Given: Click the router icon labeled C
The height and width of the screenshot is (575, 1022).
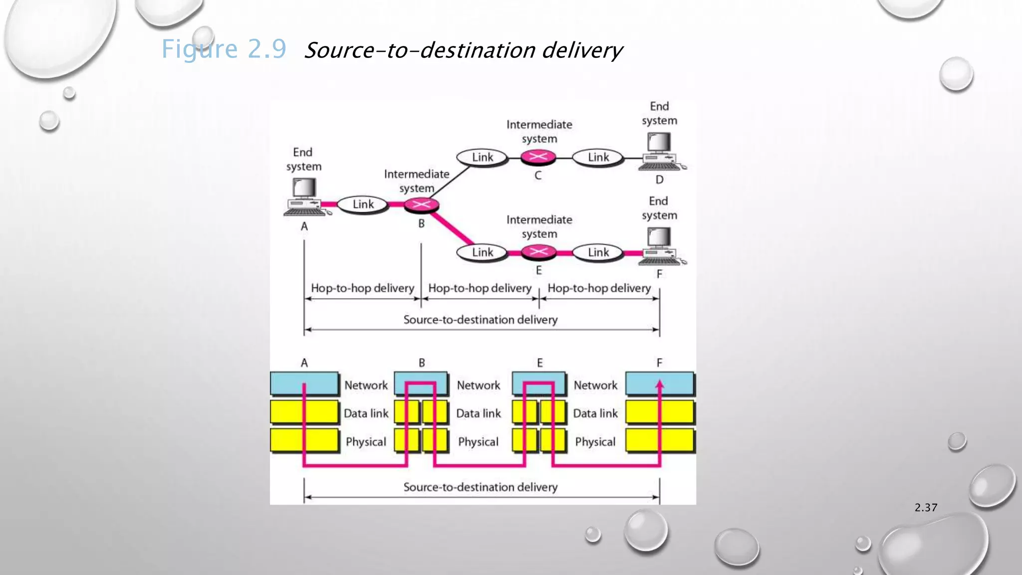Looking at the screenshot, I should tap(538, 157).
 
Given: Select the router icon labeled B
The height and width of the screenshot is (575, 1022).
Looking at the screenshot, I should tap(421, 205).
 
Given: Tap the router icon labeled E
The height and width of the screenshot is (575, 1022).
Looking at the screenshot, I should tap(538, 252).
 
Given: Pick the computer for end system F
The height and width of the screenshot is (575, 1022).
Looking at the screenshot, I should tap(660, 246).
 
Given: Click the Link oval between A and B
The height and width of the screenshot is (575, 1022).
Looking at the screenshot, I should tap(363, 204).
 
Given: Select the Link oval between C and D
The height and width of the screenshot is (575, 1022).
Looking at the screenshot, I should tap(598, 157).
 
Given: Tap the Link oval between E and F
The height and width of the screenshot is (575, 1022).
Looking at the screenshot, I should tap(598, 252).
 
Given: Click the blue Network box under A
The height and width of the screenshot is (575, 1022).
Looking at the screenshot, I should tap(304, 383).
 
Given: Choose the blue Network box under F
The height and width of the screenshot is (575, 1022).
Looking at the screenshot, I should tap(660, 383).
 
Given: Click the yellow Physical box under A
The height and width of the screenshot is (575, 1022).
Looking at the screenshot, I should tap(304, 441).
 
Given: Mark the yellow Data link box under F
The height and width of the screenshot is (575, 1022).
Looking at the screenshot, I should tap(660, 412).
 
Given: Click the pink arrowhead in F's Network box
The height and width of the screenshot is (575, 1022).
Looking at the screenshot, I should tap(660, 384).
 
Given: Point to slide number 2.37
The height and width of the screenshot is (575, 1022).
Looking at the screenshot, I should tap(926, 508).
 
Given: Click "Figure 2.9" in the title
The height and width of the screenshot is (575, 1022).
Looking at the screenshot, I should tap(224, 49).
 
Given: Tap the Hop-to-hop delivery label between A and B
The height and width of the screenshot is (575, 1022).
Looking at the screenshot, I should tap(362, 288).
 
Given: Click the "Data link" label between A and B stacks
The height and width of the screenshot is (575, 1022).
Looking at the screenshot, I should tap(366, 413).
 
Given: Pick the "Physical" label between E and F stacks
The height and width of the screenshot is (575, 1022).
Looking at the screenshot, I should tap(595, 442).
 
